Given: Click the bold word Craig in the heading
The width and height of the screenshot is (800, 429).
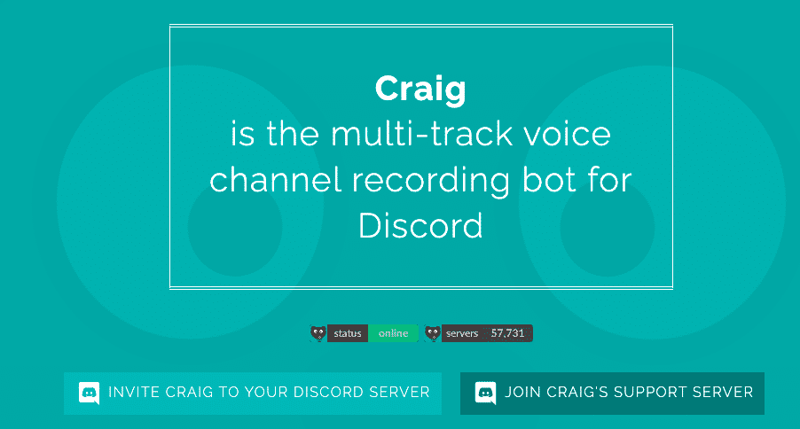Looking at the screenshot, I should click(420, 89).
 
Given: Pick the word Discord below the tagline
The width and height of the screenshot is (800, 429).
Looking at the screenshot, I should click(420, 225).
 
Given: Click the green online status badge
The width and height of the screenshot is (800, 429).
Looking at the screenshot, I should click(393, 333).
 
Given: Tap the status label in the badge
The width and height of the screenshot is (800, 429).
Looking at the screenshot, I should click(348, 333).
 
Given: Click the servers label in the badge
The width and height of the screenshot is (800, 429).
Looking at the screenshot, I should click(462, 333).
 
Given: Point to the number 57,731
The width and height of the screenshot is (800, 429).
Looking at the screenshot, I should click(508, 333).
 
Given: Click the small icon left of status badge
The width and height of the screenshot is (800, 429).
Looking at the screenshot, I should click(318, 333).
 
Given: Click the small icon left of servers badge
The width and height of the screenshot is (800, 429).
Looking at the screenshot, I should click(432, 333).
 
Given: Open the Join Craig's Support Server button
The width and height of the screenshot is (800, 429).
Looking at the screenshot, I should click(612, 393).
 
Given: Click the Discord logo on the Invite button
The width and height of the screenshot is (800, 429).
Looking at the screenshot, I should click(89, 393).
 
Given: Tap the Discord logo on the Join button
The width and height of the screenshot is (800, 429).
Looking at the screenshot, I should click(485, 393).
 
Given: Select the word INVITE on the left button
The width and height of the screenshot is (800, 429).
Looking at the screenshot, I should click(130, 392).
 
